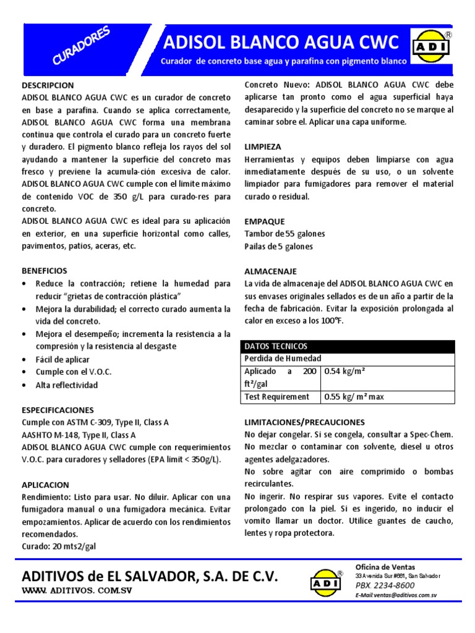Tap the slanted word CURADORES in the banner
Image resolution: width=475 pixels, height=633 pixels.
pos(81,46)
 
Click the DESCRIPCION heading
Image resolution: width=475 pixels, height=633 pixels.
pos(48,85)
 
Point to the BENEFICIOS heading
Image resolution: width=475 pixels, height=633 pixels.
pos(45,271)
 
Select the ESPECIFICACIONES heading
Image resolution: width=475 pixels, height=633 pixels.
pos(58,410)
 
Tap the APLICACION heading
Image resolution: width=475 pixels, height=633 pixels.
pos(45,485)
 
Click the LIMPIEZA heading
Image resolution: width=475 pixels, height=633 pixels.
pos(263,147)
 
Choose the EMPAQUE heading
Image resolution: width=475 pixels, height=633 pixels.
pos(265,221)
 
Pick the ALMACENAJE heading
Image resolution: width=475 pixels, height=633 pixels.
pos(271,271)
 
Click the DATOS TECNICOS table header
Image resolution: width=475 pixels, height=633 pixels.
pos(276,346)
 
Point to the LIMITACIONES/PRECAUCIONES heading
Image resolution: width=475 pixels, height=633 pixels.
pos(305,422)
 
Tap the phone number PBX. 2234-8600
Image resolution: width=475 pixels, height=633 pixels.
pos(385,585)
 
